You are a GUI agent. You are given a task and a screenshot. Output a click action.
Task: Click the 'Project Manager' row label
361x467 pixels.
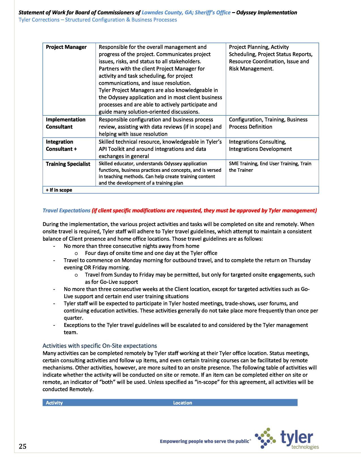pos(66,47)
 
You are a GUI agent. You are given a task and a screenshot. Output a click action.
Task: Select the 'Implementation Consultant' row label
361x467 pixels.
pos(65,123)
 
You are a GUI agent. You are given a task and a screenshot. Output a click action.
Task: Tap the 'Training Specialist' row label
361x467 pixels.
pos(68,164)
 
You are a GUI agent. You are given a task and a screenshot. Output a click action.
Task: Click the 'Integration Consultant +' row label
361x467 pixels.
pos(61,145)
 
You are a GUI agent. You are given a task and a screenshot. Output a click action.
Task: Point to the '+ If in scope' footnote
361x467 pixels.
pos(59,190)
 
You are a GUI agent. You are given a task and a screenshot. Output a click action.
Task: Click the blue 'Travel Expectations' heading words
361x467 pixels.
pos(66,210)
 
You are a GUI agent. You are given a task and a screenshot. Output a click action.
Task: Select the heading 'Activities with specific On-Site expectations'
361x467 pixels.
pos(99,346)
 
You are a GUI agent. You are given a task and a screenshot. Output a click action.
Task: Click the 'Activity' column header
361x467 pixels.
pos(54,403)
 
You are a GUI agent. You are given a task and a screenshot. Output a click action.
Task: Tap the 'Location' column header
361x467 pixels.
pos(182,403)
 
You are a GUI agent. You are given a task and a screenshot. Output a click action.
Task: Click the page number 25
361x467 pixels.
pos(23,446)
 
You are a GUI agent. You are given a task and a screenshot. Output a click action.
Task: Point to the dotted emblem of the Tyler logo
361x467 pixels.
pos(265,438)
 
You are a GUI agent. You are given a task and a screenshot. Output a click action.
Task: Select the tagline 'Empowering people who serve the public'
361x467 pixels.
pos(205,441)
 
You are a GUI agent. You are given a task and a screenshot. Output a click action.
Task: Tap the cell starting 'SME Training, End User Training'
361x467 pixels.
pos(270,167)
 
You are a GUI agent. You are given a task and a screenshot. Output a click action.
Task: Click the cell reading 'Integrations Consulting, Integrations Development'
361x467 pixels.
pos(260,145)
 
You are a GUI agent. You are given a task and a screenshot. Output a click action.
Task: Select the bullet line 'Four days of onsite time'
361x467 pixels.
pos(151,253)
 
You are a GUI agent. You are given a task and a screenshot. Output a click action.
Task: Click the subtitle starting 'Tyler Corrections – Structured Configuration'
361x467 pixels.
pos(98,20)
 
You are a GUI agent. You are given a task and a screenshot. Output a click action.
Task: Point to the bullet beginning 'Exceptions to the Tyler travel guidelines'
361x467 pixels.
pos(185,328)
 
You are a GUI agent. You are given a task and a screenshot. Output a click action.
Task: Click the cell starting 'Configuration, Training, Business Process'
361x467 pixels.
pos(268,123)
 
